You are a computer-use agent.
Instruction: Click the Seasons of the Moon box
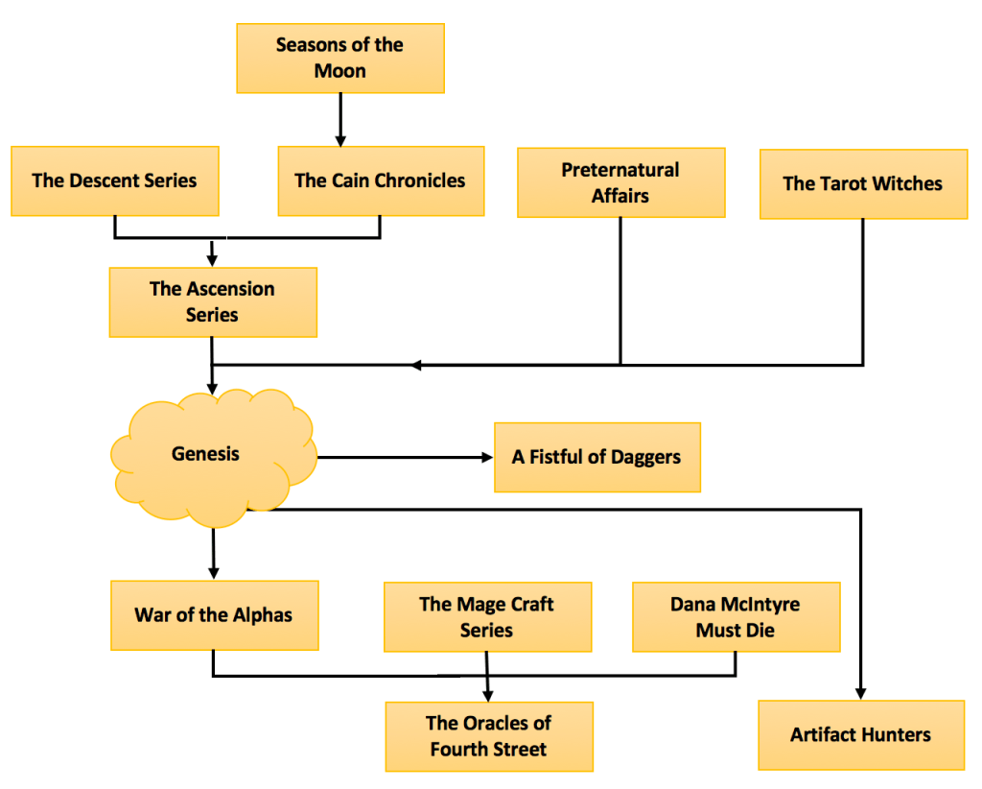click(339, 58)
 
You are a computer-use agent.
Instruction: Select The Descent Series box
click(114, 180)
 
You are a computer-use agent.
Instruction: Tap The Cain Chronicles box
click(380, 180)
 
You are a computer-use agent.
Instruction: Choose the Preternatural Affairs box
click(620, 182)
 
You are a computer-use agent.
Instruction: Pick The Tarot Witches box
click(863, 183)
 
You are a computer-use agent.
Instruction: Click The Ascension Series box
click(212, 301)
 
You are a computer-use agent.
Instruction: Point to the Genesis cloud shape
click(206, 454)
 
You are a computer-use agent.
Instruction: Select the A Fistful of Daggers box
click(596, 457)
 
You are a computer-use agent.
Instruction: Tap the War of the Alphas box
click(213, 615)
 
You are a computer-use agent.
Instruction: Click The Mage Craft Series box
click(486, 616)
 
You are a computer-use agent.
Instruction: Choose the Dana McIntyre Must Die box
click(736, 616)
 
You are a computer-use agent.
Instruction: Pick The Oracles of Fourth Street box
click(489, 736)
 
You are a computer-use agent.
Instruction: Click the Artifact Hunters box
click(860, 735)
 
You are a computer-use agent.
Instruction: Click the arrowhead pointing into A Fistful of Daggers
click(485, 458)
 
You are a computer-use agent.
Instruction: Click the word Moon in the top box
click(339, 71)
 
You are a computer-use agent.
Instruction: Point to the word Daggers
click(644, 457)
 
